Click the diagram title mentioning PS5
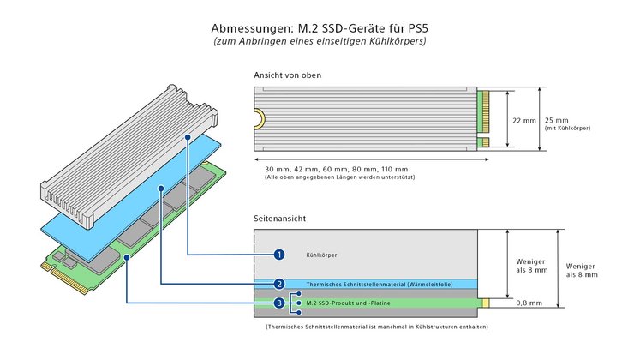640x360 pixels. (x=319, y=27)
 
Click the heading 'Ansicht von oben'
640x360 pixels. (x=289, y=75)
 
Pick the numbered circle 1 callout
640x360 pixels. (x=278, y=255)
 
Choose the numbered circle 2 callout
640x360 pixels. (x=278, y=284)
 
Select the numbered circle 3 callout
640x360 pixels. (x=278, y=303)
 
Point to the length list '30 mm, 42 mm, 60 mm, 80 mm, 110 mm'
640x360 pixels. (x=337, y=168)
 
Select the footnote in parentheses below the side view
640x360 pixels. (x=377, y=326)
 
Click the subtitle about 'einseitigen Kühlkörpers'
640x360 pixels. (x=319, y=41)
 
